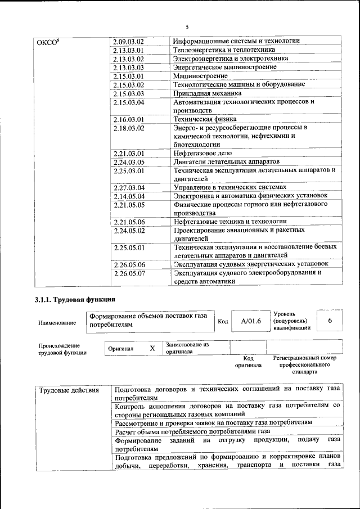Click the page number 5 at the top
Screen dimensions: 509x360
tap(187, 27)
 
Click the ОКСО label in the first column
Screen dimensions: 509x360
tap(48, 42)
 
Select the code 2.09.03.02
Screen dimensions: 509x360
tap(129, 42)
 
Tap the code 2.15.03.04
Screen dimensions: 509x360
tap(129, 103)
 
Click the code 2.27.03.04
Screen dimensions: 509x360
tap(129, 187)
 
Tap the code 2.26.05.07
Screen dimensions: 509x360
tap(129, 273)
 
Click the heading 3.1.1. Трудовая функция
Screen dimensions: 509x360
tap(75, 300)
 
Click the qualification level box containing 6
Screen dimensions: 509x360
tap(330, 319)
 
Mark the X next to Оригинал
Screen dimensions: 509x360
tap(152, 349)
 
